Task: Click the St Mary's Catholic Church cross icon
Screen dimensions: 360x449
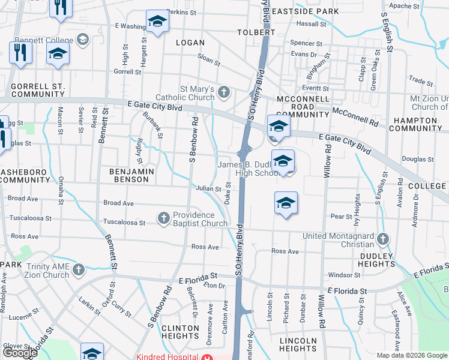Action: pos(224,92)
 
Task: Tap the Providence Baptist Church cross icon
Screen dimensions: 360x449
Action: pos(164,218)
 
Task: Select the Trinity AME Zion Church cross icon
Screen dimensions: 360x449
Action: pos(79,271)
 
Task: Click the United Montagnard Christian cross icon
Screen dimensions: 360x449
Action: pos(383,239)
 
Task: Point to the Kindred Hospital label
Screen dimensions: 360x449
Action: pos(168,357)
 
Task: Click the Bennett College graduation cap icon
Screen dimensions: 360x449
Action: pos(82,40)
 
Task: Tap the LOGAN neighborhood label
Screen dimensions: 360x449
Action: pos(190,43)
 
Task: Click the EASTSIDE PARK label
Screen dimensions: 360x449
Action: pos(297,11)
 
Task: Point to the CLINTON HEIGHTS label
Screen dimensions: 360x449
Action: pos(179,332)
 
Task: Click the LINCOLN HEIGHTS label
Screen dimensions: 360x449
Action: pos(298,344)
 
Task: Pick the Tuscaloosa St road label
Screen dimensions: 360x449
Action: pos(124,223)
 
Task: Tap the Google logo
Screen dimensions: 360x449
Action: pos(20,353)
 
